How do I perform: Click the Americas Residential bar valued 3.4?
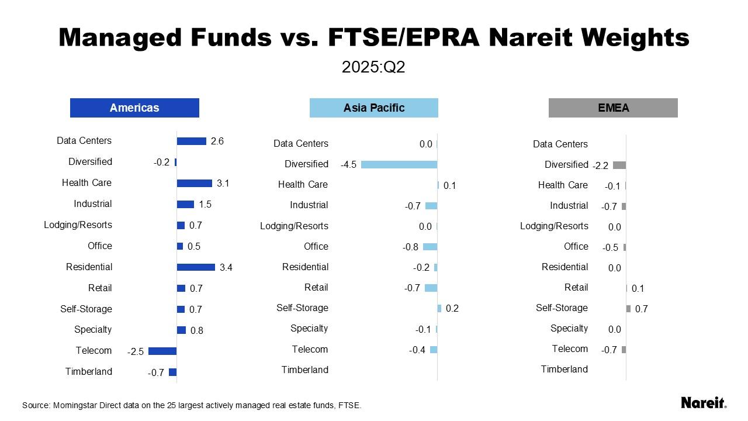196,267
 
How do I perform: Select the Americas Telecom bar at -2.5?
162,351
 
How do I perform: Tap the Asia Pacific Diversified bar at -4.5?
399,164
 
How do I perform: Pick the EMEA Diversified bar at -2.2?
619,165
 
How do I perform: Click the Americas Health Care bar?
195,183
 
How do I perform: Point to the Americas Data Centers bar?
192,141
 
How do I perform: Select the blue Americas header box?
134,108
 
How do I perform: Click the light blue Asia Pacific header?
374,108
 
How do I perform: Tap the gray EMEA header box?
613,108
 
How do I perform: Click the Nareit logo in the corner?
704,402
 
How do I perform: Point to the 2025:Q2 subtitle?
373,67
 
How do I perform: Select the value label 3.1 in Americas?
223,183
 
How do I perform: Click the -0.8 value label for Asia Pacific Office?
411,247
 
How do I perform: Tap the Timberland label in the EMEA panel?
564,369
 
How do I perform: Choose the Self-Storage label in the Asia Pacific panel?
302,308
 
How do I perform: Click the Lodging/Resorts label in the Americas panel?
78,225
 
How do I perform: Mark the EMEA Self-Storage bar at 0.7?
628,309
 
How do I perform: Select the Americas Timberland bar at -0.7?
172,372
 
